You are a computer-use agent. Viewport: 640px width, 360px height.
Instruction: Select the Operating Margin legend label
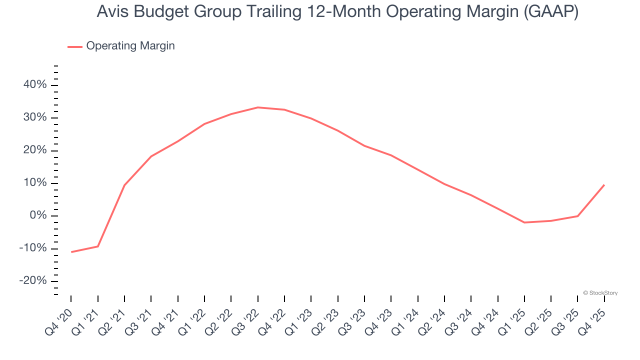pyautogui.click(x=130, y=46)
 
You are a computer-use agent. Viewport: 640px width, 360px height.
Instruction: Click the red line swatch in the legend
pyautogui.click(x=75, y=46)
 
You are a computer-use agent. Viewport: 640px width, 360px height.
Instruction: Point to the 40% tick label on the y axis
pyautogui.click(x=35, y=85)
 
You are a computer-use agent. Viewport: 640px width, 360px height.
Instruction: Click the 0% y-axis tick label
pyautogui.click(x=38, y=215)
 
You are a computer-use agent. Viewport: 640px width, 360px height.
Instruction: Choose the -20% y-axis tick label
pyautogui.click(x=33, y=281)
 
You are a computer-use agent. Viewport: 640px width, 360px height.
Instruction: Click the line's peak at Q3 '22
pyautogui.click(x=257, y=107)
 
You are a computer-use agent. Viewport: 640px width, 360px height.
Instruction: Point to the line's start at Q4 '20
pyautogui.click(x=71, y=252)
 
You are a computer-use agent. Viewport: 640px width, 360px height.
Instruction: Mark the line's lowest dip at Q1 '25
pyautogui.click(x=524, y=222)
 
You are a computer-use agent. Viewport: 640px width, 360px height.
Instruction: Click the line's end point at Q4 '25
pyautogui.click(x=604, y=185)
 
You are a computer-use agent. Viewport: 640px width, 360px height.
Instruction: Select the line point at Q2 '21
pyautogui.click(x=124, y=185)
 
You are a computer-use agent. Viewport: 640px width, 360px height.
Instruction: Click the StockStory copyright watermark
pyautogui.click(x=600, y=293)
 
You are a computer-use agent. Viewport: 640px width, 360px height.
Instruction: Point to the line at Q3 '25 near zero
pyautogui.click(x=578, y=216)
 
